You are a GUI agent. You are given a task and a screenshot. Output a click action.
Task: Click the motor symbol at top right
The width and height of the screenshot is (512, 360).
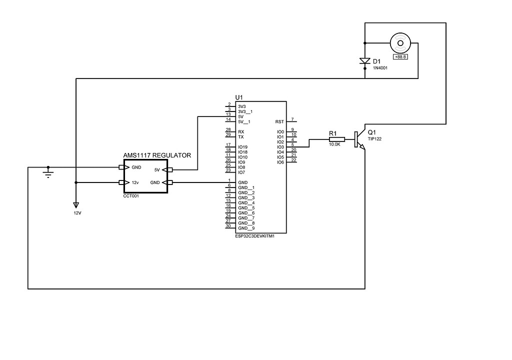[x=400, y=43]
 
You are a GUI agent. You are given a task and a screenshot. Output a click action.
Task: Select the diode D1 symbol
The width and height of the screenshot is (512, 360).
[x=365, y=61]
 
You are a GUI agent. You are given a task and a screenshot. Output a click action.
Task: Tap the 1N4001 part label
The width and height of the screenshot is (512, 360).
[x=380, y=67]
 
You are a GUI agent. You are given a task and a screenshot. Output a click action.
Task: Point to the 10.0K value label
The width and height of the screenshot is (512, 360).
[x=334, y=144]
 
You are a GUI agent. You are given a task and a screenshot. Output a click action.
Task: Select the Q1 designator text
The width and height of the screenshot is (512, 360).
[x=371, y=132]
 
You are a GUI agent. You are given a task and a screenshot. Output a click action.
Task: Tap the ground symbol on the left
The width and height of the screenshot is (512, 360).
[x=48, y=172]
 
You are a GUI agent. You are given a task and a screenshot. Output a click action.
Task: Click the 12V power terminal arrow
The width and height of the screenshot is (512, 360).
[x=75, y=205]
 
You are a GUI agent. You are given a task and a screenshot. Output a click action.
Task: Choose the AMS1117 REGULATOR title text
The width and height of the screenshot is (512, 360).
[x=156, y=155]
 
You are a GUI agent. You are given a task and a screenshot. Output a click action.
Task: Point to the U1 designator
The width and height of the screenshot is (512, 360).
[x=239, y=97]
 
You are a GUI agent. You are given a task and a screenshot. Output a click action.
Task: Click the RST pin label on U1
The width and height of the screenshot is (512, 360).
[x=279, y=121]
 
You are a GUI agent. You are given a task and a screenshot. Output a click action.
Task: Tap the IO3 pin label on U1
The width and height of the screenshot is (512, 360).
[x=280, y=147]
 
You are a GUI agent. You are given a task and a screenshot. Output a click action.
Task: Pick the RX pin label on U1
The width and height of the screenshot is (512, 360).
[x=241, y=131]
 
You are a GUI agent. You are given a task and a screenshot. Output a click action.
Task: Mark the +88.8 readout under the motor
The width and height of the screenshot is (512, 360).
[x=400, y=57]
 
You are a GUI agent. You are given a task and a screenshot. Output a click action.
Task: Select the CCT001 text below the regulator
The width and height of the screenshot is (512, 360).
[x=130, y=196]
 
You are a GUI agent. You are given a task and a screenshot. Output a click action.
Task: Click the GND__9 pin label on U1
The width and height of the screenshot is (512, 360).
[x=246, y=228]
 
